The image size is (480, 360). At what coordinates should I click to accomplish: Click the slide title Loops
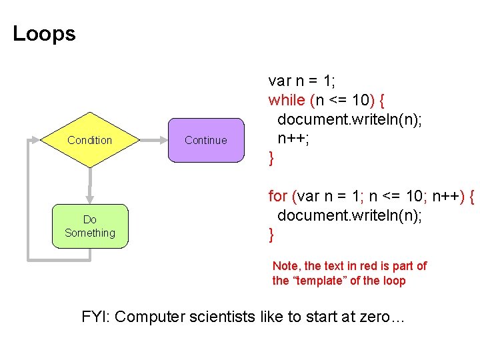44,34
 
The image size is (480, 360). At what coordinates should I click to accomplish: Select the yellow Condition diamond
90,140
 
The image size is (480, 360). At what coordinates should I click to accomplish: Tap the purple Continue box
206,140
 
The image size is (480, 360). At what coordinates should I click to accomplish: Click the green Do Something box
90,227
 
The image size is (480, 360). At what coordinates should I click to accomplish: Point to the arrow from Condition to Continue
153,140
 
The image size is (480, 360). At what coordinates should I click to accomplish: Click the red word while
287,101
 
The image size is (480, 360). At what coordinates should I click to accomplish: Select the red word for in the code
277,197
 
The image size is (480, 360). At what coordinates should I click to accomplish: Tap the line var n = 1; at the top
301,81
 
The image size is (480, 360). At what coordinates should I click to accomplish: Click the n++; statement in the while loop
291,139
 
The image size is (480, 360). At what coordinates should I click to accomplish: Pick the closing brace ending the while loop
271,159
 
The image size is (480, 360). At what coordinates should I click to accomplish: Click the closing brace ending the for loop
271,235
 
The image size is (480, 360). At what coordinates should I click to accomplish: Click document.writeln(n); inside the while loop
350,120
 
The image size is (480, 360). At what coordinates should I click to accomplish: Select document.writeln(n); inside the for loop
350,216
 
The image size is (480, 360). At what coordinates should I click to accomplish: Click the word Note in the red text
285,266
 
